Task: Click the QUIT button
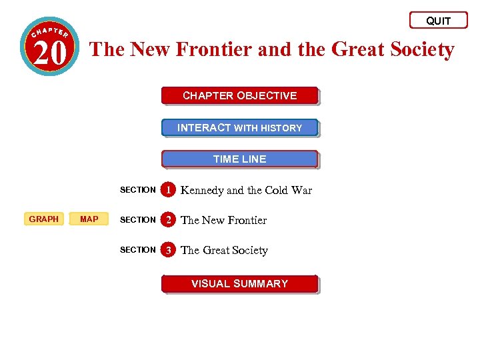point(438,21)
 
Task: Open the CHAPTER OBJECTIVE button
point(239,96)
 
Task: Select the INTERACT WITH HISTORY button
point(239,128)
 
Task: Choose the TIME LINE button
point(239,159)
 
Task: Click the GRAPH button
point(44,219)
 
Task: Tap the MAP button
point(89,219)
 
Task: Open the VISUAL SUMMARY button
point(239,284)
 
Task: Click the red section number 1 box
point(170,190)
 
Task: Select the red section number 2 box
point(170,220)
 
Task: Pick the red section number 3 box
point(170,250)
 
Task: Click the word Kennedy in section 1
point(202,191)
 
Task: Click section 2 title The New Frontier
point(223,221)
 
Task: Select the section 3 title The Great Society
point(224,251)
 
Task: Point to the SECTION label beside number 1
point(137,190)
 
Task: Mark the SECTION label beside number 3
point(137,250)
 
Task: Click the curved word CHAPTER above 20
point(50,31)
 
